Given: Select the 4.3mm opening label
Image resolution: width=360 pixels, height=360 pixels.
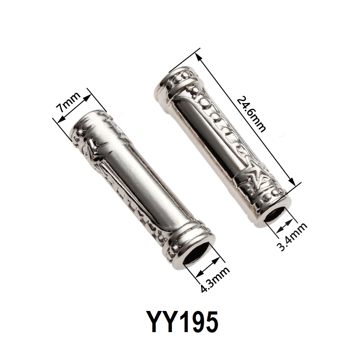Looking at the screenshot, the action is click(215, 279).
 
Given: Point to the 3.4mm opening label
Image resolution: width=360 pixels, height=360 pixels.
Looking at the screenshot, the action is click(292, 237).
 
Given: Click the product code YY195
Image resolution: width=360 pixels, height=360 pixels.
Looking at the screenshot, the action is click(183, 322).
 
